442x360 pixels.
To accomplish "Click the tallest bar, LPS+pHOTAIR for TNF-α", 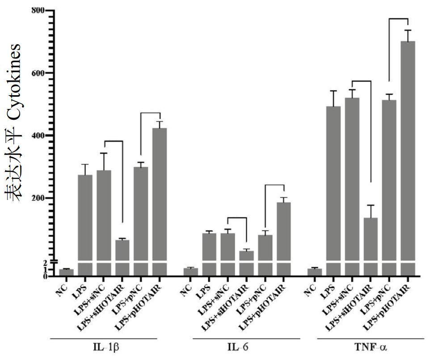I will click(x=408, y=156).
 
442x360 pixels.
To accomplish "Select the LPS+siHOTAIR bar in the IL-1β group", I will click(x=122, y=257).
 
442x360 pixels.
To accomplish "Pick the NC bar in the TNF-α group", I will click(x=315, y=272).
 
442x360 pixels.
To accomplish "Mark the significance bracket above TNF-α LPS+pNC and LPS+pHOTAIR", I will click(x=399, y=19).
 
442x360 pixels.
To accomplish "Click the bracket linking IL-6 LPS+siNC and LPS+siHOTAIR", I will click(x=237, y=218).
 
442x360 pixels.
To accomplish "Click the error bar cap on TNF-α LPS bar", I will click(x=333, y=91).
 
